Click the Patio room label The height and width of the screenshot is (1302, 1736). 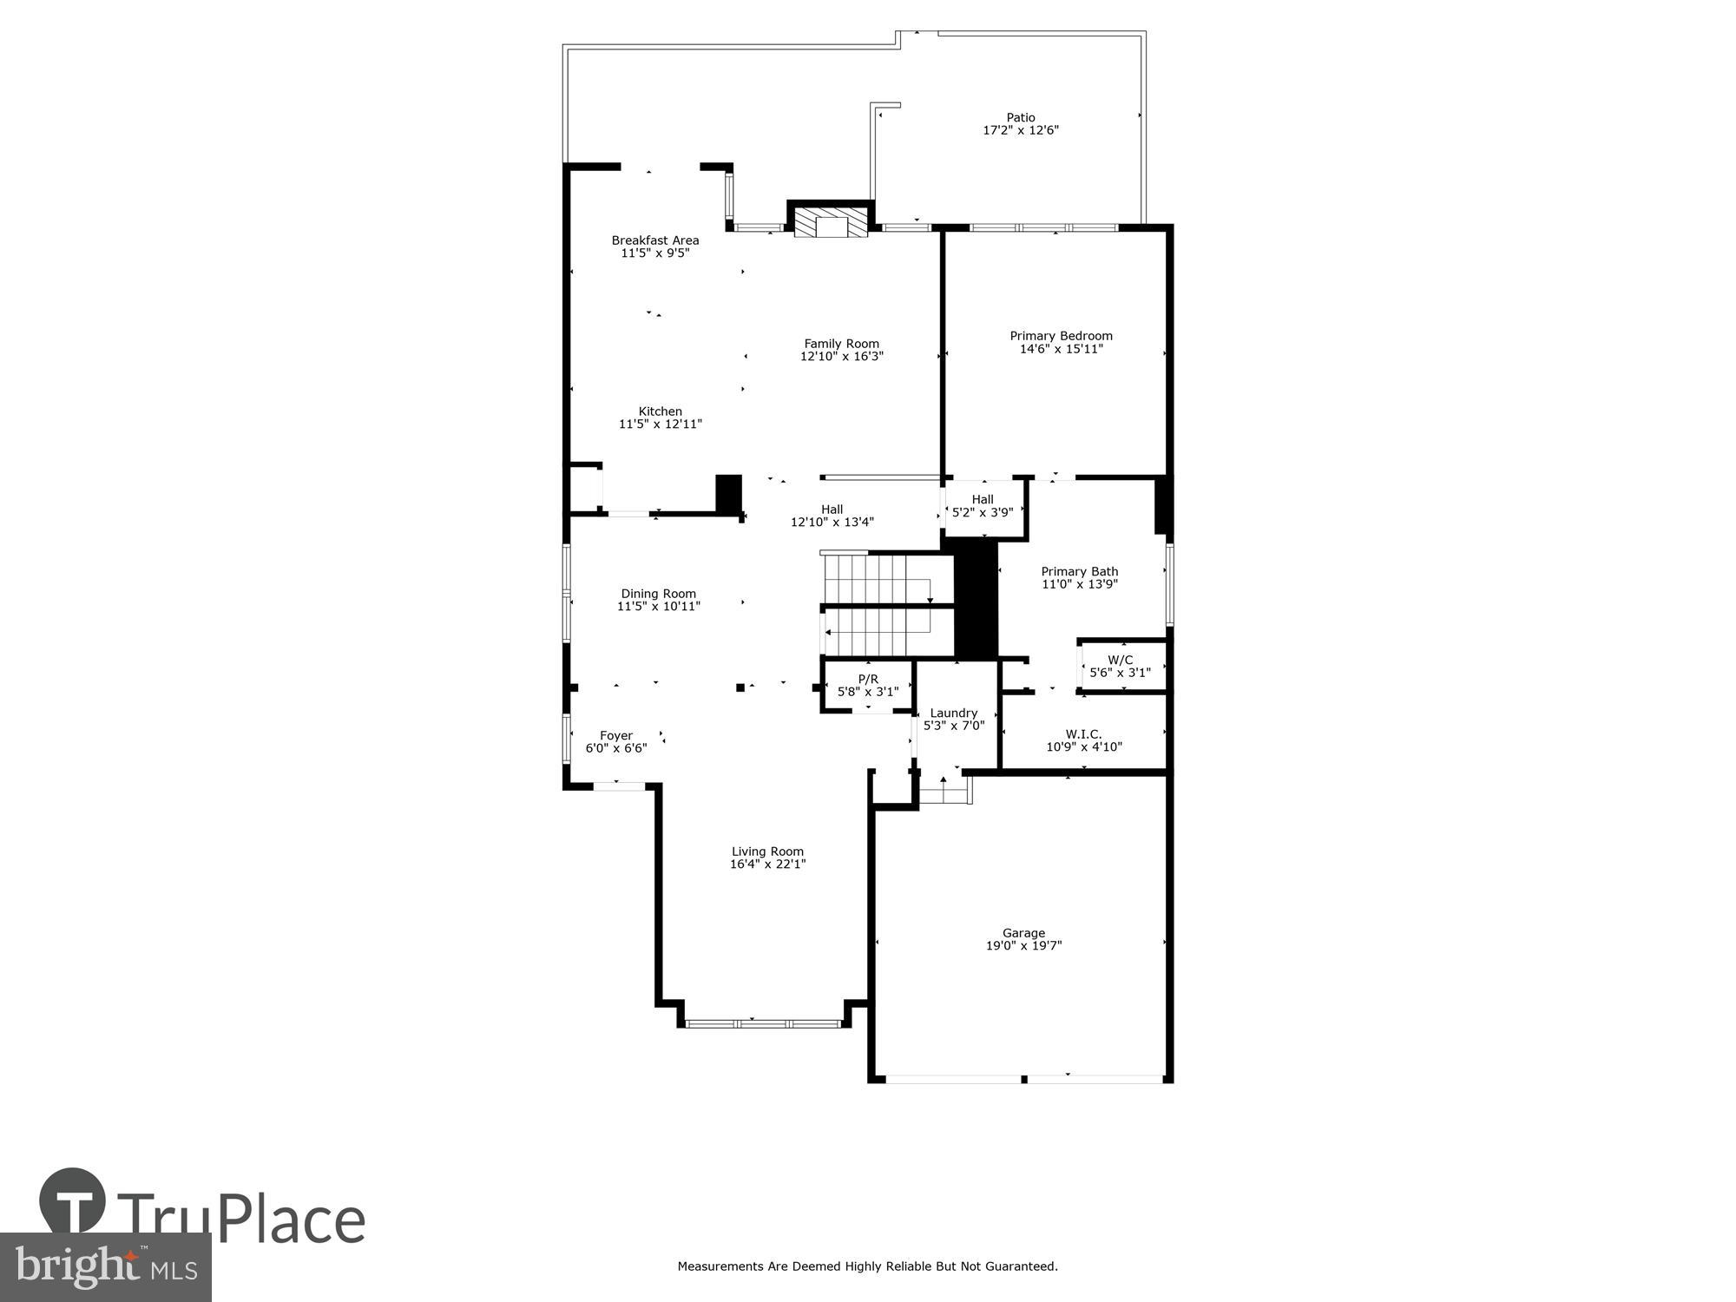pyautogui.click(x=1021, y=117)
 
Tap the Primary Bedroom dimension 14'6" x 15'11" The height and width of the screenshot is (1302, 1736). pyautogui.click(x=1061, y=349)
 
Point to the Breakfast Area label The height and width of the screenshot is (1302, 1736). pyautogui.click(x=655, y=240)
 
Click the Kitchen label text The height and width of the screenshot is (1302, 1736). pyautogui.click(x=661, y=411)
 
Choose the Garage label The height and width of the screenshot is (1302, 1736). pyautogui.click(x=1023, y=933)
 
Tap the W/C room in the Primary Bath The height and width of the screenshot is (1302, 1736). pyautogui.click(x=1121, y=666)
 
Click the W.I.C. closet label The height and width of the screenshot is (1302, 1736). pyautogui.click(x=1084, y=734)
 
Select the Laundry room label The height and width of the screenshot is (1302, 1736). pyautogui.click(x=954, y=713)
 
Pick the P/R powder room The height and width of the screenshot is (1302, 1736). pyautogui.click(x=868, y=685)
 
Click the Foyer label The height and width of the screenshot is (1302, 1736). pyautogui.click(x=616, y=736)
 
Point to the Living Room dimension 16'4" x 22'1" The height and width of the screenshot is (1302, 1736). pyautogui.click(x=768, y=865)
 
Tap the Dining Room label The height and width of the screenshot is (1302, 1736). pyautogui.click(x=658, y=594)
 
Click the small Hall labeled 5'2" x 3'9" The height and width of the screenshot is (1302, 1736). pyautogui.click(x=983, y=505)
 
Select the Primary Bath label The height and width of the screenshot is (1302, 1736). pyautogui.click(x=1080, y=571)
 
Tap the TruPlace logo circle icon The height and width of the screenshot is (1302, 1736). pyautogui.click(x=72, y=1201)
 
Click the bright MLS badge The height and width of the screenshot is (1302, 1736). pyautogui.click(x=105, y=1267)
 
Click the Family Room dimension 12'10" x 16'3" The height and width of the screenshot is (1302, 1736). pyautogui.click(x=841, y=356)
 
